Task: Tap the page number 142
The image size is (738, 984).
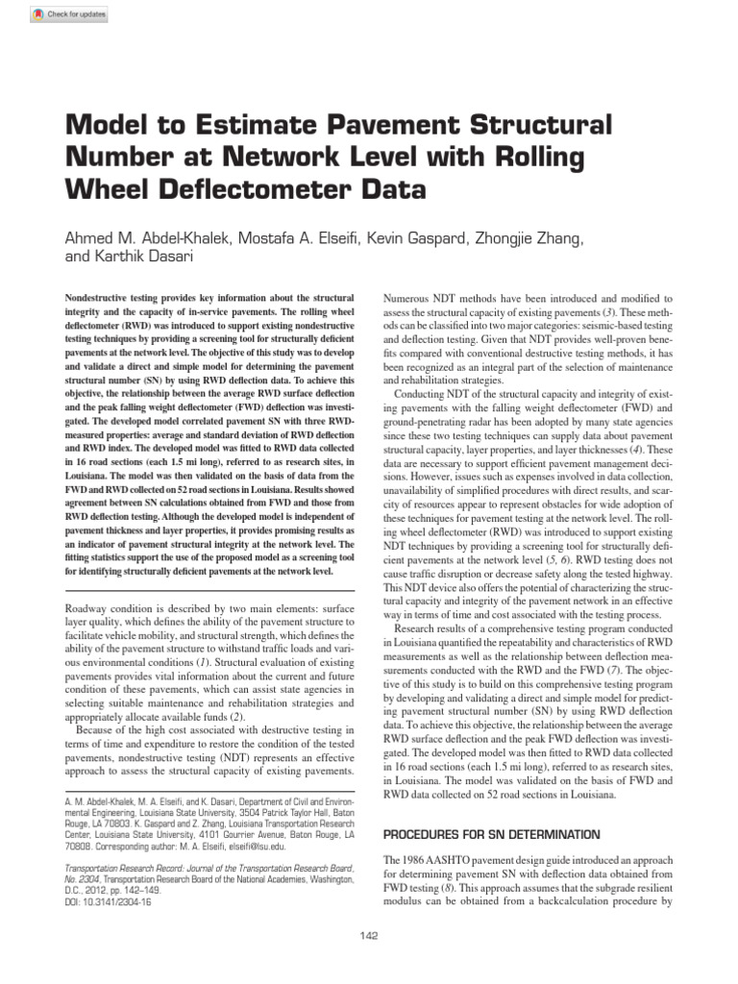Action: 369,935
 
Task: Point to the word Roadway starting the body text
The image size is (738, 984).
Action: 84,610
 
